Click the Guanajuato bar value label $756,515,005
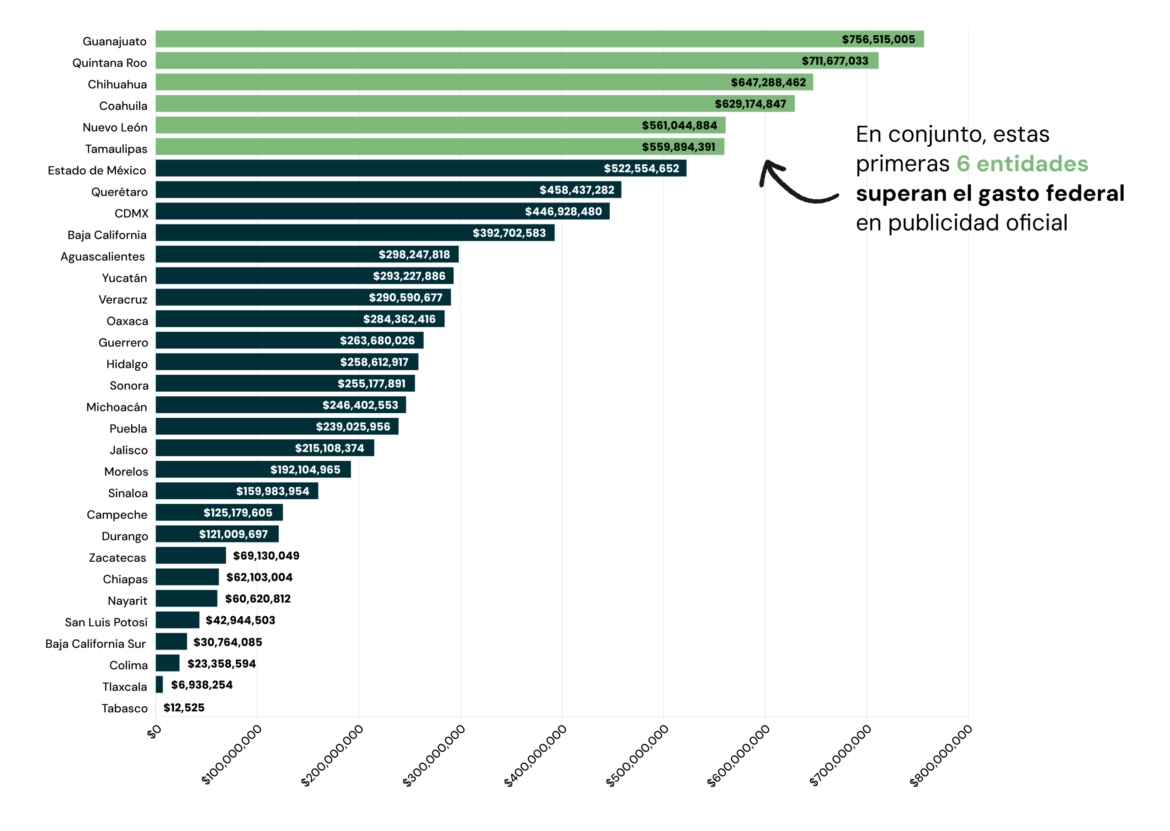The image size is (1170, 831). tap(878, 39)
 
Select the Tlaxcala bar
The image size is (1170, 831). tap(159, 685)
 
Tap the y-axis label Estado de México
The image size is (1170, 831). tap(97, 170)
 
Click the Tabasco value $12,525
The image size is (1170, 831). tap(184, 708)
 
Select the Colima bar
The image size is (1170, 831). tap(168, 663)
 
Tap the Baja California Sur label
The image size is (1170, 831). tap(96, 644)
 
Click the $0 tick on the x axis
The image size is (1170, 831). tap(154, 732)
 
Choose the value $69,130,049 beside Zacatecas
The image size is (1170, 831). tap(266, 556)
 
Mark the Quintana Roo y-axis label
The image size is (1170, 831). tap(110, 63)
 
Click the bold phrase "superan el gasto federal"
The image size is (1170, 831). tap(990, 193)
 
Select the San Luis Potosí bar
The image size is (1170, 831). tap(177, 620)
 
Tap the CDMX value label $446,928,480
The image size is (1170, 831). tap(563, 211)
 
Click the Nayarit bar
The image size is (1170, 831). tap(186, 599)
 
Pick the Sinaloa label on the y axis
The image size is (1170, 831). tap(128, 493)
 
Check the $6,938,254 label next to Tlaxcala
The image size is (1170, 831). tap(202, 685)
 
